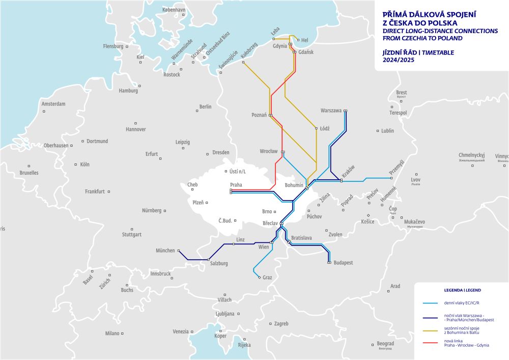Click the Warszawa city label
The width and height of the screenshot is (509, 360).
[x=331, y=110]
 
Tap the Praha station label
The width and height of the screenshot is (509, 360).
[x=236, y=185]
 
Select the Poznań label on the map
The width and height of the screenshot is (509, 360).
[x=259, y=115]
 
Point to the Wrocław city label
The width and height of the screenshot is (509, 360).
[x=268, y=151]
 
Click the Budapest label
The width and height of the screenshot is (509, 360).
[x=343, y=263]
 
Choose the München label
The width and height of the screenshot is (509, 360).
[x=165, y=251]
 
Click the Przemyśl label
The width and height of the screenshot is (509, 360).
[x=397, y=168]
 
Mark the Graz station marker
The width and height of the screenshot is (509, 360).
[x=260, y=278]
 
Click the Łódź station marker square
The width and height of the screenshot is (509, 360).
[x=317, y=128]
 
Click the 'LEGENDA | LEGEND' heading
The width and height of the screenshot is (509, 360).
[x=462, y=290]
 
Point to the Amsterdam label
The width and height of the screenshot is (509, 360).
[x=53, y=104]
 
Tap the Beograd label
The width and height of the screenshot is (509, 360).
[x=385, y=344]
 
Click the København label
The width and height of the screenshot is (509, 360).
[x=174, y=10]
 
